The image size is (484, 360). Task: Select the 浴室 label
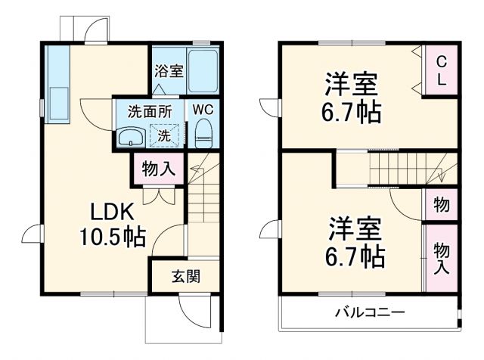[169, 72]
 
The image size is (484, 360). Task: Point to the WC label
[203, 109]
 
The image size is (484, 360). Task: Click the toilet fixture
[203, 135]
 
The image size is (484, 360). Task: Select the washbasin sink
[132, 136]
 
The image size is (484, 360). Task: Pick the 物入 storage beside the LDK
[159, 169]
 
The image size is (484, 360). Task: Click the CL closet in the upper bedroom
[442, 70]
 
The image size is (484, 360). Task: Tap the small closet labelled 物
[442, 204]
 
